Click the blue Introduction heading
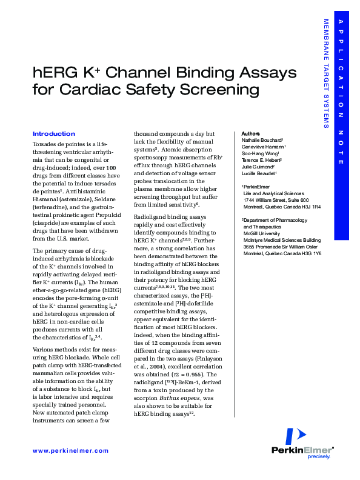[x=53, y=133]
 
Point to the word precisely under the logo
[x=319, y=456]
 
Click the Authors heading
[x=250, y=133]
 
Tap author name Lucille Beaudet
[x=259, y=173]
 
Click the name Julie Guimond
[x=258, y=167]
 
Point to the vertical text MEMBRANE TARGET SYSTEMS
[x=326, y=73]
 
